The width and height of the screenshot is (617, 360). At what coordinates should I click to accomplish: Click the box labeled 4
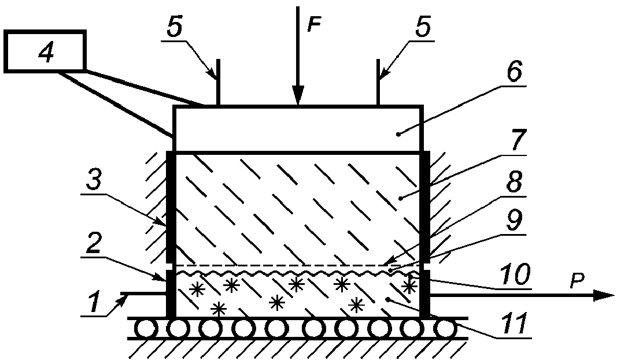(45, 51)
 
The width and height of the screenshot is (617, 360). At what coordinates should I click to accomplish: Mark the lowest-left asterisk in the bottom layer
(219, 309)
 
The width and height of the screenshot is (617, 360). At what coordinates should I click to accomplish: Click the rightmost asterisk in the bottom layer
(409, 285)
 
